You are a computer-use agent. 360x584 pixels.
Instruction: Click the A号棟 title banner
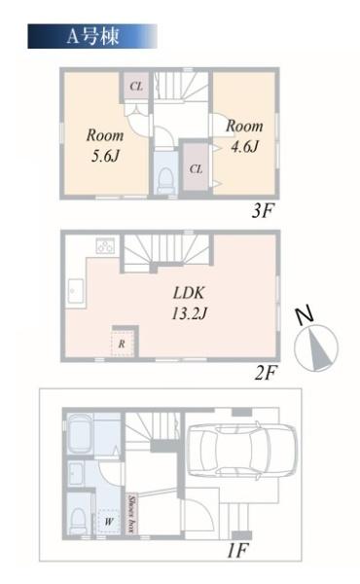tap(92, 36)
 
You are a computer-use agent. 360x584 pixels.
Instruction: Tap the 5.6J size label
tap(105, 156)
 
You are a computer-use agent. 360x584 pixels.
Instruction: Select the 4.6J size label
tap(244, 146)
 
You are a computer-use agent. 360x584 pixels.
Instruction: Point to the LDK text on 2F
tap(189, 293)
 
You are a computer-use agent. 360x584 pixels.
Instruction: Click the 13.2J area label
tap(189, 313)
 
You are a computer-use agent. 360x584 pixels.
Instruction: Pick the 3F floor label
tap(263, 211)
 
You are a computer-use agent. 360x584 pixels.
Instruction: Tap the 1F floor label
tap(237, 551)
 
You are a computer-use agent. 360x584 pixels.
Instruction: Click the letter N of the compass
tap(305, 315)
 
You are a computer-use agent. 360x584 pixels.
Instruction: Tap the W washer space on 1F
tap(109, 522)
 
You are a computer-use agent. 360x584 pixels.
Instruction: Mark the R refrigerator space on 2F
tap(123, 344)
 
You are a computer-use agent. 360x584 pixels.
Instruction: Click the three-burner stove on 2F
tap(105, 245)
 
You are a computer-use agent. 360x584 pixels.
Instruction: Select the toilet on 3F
tap(165, 179)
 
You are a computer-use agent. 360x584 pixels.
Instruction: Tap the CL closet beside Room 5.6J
tap(136, 87)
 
